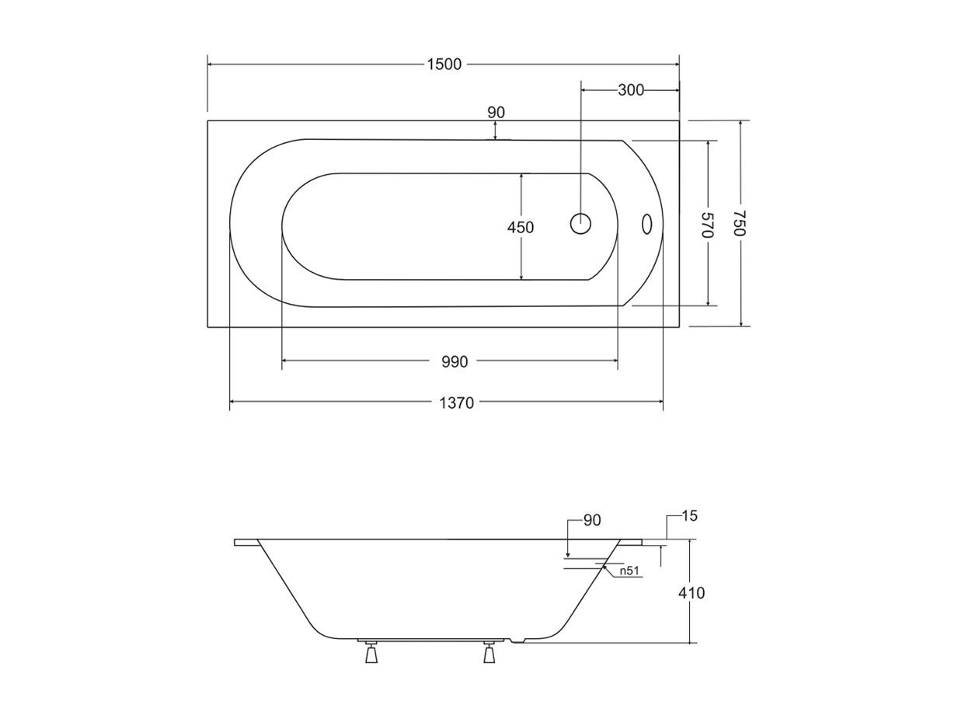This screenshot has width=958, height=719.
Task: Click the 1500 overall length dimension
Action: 444,65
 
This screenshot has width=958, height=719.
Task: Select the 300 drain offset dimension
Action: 631,90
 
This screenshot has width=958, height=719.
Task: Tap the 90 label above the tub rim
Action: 496,113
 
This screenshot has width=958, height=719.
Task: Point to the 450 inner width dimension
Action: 521,228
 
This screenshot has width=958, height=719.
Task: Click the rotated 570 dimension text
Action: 707,225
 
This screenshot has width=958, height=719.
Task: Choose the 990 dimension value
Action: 455,362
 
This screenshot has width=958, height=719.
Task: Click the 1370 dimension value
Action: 456,403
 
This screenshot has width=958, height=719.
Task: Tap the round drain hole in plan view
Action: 580,224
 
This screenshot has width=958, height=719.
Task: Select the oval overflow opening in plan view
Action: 646,224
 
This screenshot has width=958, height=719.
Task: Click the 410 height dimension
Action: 692,593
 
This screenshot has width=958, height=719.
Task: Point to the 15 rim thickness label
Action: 689,516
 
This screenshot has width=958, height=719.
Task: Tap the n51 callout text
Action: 629,570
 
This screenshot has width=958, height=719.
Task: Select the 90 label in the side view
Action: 592,520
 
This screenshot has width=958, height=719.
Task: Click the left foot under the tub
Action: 371,654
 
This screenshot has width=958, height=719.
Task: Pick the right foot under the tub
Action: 489,654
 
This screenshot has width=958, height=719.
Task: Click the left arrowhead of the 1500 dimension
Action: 210,65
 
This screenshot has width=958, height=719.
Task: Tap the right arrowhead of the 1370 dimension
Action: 660,402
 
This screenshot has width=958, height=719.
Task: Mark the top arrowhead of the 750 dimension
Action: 741,124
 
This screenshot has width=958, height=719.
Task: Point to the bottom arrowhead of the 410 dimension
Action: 690,640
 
